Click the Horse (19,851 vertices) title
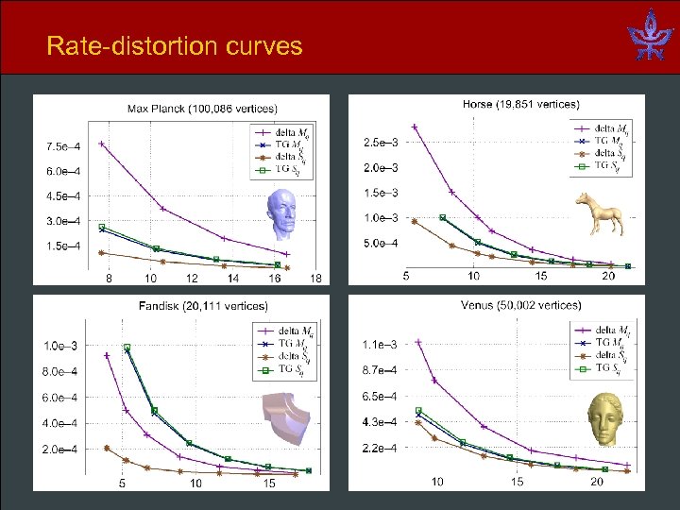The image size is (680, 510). (x=520, y=103)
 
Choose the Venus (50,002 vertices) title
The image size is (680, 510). (x=520, y=305)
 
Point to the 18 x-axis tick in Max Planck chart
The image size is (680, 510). (x=316, y=279)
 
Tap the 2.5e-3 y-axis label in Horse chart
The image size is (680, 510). (x=381, y=143)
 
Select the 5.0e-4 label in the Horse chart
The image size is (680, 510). (x=381, y=244)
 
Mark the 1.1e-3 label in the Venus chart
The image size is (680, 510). (x=381, y=345)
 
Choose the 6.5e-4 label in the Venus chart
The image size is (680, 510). (x=381, y=396)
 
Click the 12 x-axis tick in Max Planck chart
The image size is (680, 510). (x=192, y=279)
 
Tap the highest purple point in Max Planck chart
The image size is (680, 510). (x=101, y=144)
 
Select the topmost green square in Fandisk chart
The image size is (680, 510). (x=127, y=348)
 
